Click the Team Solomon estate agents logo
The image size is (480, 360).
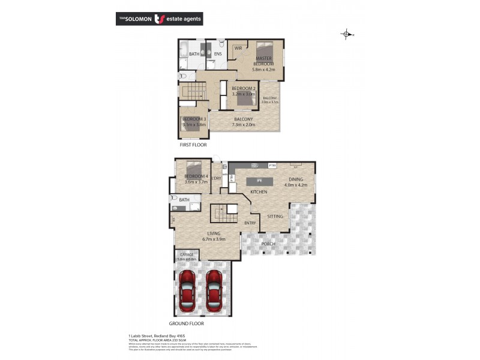pos(159,19)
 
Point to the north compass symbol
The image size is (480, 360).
pos(346,34)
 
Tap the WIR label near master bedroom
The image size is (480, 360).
pos(238,48)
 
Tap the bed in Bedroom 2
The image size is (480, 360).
pos(244,101)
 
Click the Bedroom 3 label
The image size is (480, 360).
pos(194,119)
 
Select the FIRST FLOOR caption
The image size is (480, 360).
pos(193,145)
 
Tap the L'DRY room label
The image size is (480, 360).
pos(217,178)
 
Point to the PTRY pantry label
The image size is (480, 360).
pos(272,165)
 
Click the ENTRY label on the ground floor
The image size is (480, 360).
pos(250,223)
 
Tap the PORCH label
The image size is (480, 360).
pos(268,244)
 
